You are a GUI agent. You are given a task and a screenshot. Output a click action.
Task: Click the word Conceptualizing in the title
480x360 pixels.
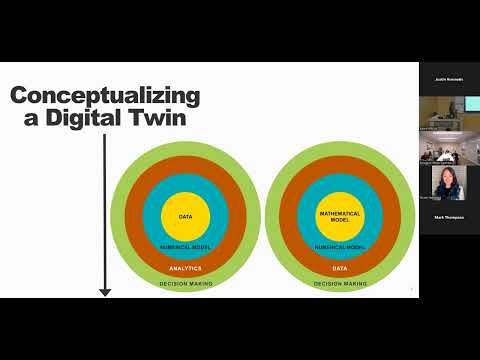[x=105, y=97]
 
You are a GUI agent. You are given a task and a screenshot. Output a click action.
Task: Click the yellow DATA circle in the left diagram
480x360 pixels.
[x=185, y=215]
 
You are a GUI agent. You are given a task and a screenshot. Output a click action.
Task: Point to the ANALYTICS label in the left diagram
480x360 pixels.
[x=185, y=268]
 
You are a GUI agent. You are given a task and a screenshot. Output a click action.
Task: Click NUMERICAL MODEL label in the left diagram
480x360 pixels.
[x=185, y=246]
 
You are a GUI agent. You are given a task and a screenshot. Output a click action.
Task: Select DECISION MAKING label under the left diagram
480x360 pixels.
[x=185, y=284]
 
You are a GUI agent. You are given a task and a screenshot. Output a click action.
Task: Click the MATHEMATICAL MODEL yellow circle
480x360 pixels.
[x=338, y=215]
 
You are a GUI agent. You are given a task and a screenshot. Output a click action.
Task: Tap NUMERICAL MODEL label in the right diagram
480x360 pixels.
[x=338, y=246]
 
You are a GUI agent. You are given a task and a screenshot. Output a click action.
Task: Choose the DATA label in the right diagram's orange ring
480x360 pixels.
[x=338, y=268]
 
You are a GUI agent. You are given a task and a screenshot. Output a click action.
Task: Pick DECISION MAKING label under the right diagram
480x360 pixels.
[x=338, y=284]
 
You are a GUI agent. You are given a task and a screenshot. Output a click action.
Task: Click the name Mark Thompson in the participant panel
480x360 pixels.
[x=449, y=216]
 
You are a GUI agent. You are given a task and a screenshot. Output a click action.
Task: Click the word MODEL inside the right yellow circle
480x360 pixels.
[x=338, y=219]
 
